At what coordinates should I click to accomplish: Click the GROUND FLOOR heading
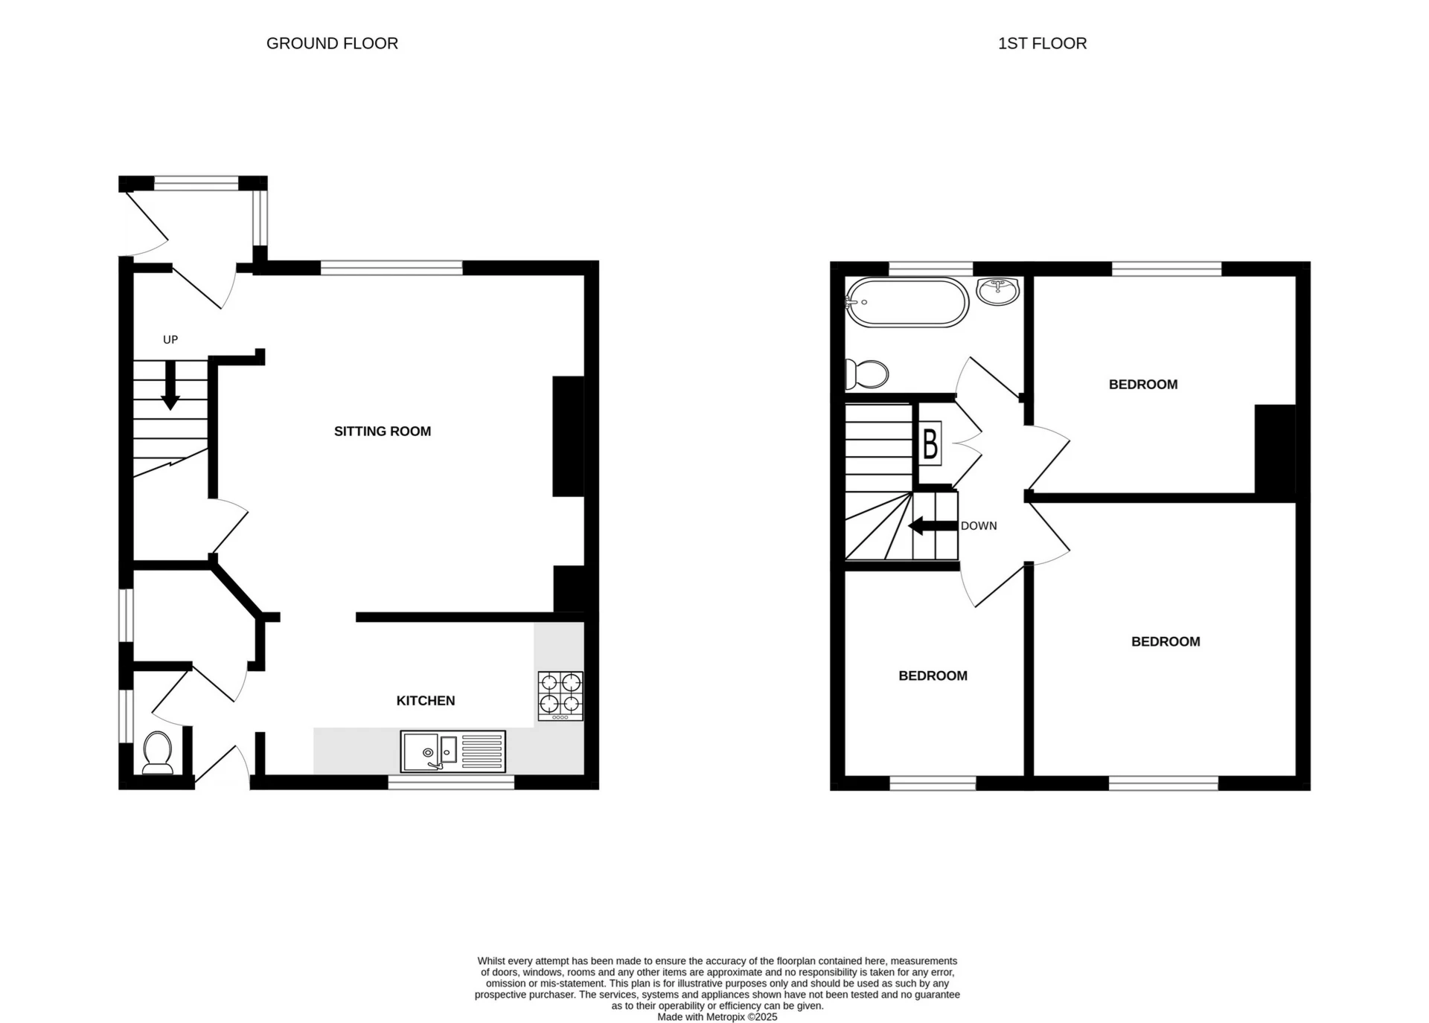tap(332, 44)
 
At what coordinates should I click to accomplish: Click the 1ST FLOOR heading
tap(1042, 44)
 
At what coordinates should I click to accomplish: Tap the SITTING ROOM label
tap(383, 432)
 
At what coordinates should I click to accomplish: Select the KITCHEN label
tap(425, 701)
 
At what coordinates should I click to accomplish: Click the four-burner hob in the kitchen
tap(560, 696)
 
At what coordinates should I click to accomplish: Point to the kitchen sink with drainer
tap(453, 751)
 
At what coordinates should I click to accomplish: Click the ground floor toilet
tap(157, 752)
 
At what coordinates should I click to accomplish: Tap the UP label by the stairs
tap(170, 340)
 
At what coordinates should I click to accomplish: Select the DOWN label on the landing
tap(978, 526)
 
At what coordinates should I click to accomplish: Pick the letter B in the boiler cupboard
tap(930, 444)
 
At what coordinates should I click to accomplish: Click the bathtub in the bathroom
tap(907, 302)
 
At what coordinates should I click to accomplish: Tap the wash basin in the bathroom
tap(998, 292)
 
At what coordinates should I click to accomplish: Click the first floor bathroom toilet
tap(867, 374)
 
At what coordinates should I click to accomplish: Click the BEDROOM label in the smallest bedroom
tap(933, 676)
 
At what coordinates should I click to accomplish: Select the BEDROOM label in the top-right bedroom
tap(1142, 385)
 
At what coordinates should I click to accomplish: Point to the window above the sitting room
tap(391, 268)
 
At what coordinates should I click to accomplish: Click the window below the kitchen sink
tap(451, 783)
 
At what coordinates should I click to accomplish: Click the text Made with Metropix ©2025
tap(717, 1017)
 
